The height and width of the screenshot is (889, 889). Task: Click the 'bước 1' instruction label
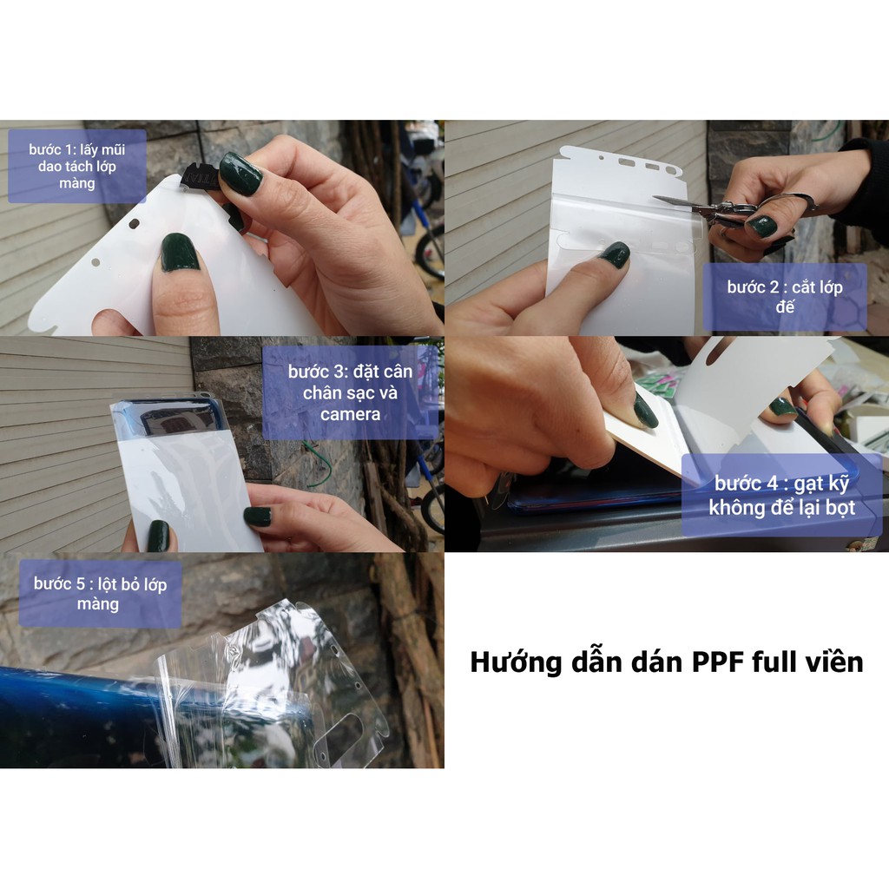[x=77, y=166]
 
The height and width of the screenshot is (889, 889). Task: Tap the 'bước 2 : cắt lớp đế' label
[x=785, y=297]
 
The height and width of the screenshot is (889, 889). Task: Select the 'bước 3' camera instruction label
[x=350, y=392]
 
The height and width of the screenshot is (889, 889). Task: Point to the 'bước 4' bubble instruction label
[x=781, y=495]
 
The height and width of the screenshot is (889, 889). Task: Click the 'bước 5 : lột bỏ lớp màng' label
[x=101, y=594]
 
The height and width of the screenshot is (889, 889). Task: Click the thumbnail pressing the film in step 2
[x=615, y=254]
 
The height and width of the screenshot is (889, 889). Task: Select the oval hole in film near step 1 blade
[x=134, y=224]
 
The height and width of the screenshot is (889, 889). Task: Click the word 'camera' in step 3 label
[x=350, y=414]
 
